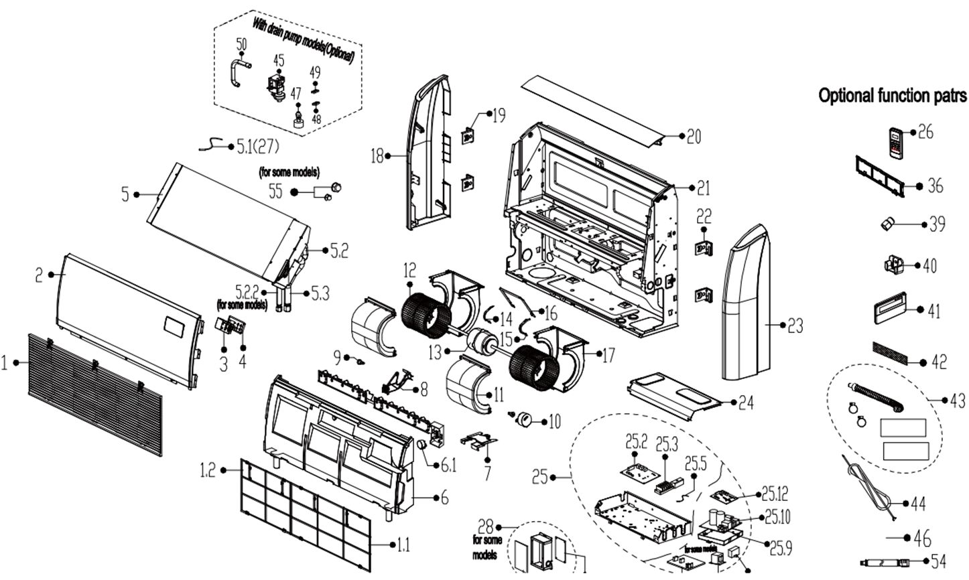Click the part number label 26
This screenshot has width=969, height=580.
(x=925, y=131)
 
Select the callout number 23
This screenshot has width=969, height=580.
(x=795, y=326)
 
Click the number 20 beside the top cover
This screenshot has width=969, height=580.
(x=694, y=137)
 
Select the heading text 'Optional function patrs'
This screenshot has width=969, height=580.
(x=892, y=96)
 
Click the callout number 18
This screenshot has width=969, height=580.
(x=377, y=156)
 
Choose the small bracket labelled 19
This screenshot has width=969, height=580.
(x=469, y=137)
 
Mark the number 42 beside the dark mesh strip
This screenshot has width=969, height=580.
(x=939, y=362)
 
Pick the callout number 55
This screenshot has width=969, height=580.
(x=275, y=192)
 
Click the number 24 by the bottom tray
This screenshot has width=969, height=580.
(x=745, y=403)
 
